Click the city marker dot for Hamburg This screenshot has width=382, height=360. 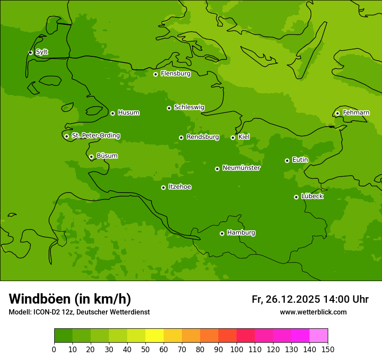222,233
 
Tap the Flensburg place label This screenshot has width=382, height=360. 175,74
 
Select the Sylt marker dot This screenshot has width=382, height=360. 30,52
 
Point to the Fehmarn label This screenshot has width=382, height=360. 356,113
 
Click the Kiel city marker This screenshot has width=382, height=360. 233,137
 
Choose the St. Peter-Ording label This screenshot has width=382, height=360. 95,136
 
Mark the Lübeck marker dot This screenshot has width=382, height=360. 296,197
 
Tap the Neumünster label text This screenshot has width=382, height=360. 241,168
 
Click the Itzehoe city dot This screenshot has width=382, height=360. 163,187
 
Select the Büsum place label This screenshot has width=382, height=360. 107,156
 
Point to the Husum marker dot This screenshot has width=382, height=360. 112,113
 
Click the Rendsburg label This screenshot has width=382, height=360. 202,137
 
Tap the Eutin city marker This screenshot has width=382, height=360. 287,160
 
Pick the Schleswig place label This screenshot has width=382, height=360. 189,107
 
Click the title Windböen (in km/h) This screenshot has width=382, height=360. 70,299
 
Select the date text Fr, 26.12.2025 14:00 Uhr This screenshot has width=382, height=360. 310,299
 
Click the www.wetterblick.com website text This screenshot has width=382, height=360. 313,312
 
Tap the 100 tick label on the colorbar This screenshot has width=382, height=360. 237,349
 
